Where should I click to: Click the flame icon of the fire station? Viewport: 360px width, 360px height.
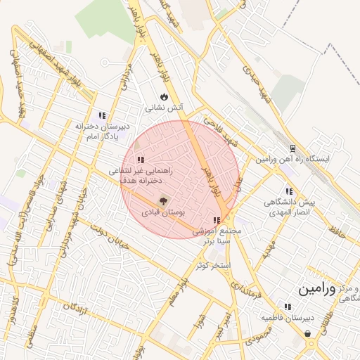(164, 96)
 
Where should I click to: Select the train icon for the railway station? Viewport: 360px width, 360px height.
(293, 148)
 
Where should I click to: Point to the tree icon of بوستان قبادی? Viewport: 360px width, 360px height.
(164, 201)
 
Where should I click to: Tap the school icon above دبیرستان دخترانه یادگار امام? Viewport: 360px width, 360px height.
(103, 115)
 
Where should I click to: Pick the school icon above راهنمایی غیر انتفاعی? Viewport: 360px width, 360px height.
(141, 160)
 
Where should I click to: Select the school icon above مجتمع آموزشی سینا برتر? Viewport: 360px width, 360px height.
(216, 221)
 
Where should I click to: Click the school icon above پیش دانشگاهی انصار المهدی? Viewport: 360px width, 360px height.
(288, 191)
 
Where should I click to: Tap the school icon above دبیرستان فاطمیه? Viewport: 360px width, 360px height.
(288, 307)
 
